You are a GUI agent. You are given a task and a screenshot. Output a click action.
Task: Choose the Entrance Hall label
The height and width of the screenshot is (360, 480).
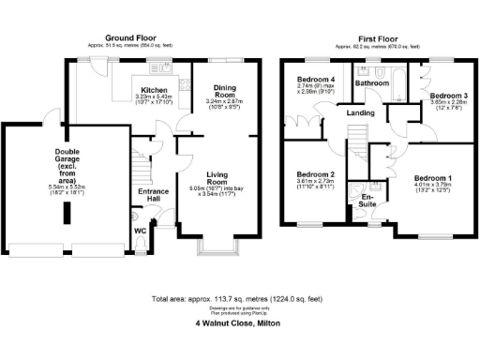(x=152, y=196)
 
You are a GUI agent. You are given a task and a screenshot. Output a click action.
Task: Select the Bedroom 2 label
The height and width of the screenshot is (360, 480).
(x=316, y=175)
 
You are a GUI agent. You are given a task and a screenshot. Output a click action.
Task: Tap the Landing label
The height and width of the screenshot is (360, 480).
(x=360, y=113)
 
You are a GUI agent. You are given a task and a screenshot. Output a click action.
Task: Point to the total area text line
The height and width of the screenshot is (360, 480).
(x=240, y=299)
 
